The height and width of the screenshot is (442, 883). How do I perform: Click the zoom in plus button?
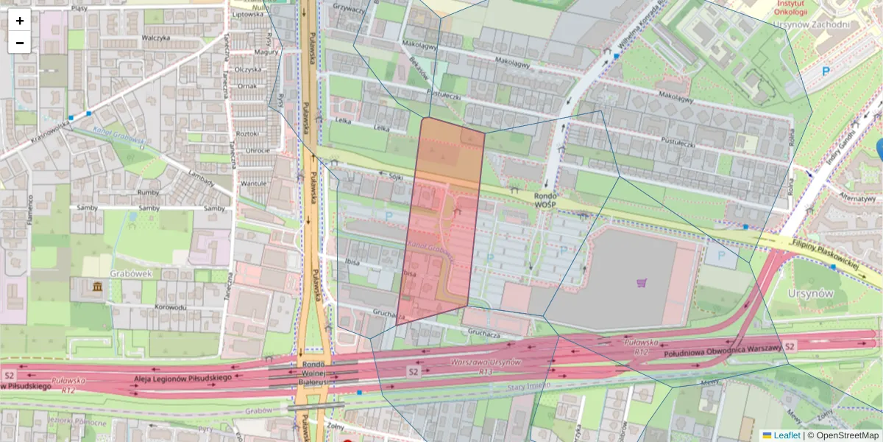(x=20, y=21)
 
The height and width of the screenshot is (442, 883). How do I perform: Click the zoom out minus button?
(x=20, y=43)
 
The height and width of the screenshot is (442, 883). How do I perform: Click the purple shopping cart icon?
(x=642, y=282)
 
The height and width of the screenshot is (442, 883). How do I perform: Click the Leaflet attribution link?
(x=787, y=435)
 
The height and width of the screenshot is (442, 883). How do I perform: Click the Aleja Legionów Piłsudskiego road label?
(x=183, y=377)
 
